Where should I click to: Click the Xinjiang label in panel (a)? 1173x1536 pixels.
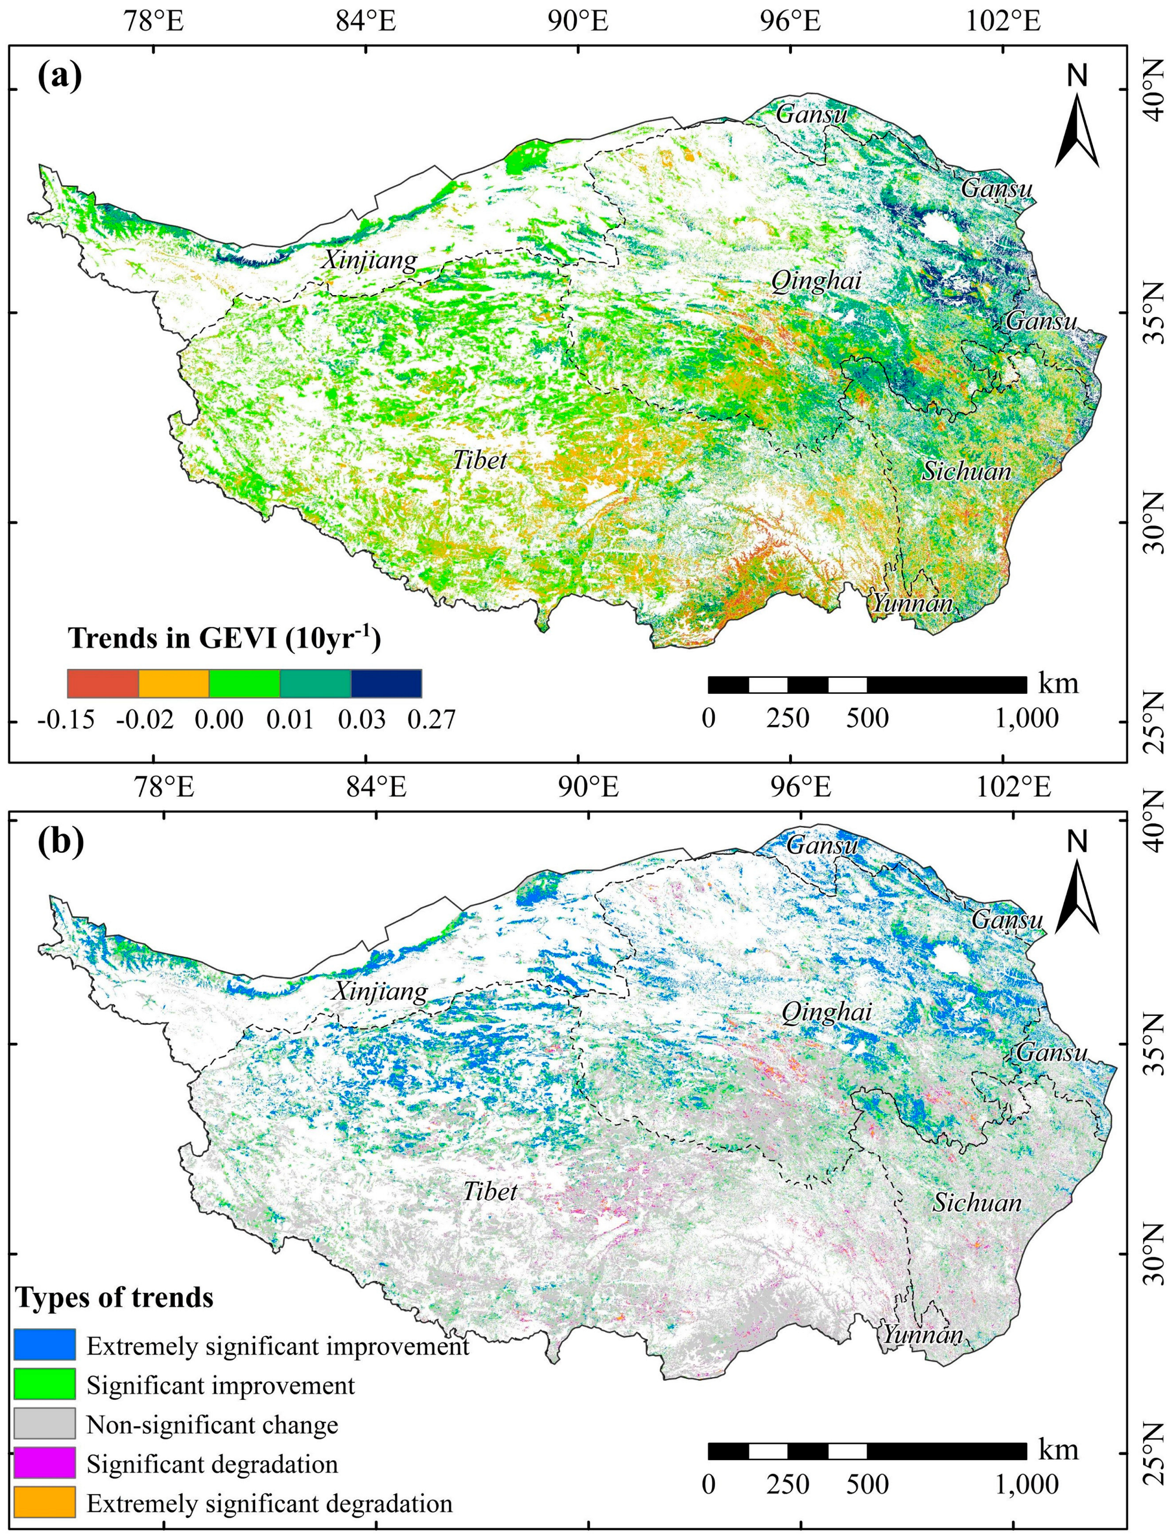[369, 261]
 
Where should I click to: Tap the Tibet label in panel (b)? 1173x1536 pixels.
[490, 1191]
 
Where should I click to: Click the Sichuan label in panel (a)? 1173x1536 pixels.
[966, 471]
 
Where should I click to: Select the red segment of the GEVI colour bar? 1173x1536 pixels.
[103, 683]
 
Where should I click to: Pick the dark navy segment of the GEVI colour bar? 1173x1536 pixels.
[386, 683]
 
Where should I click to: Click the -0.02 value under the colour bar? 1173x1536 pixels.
[145, 719]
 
